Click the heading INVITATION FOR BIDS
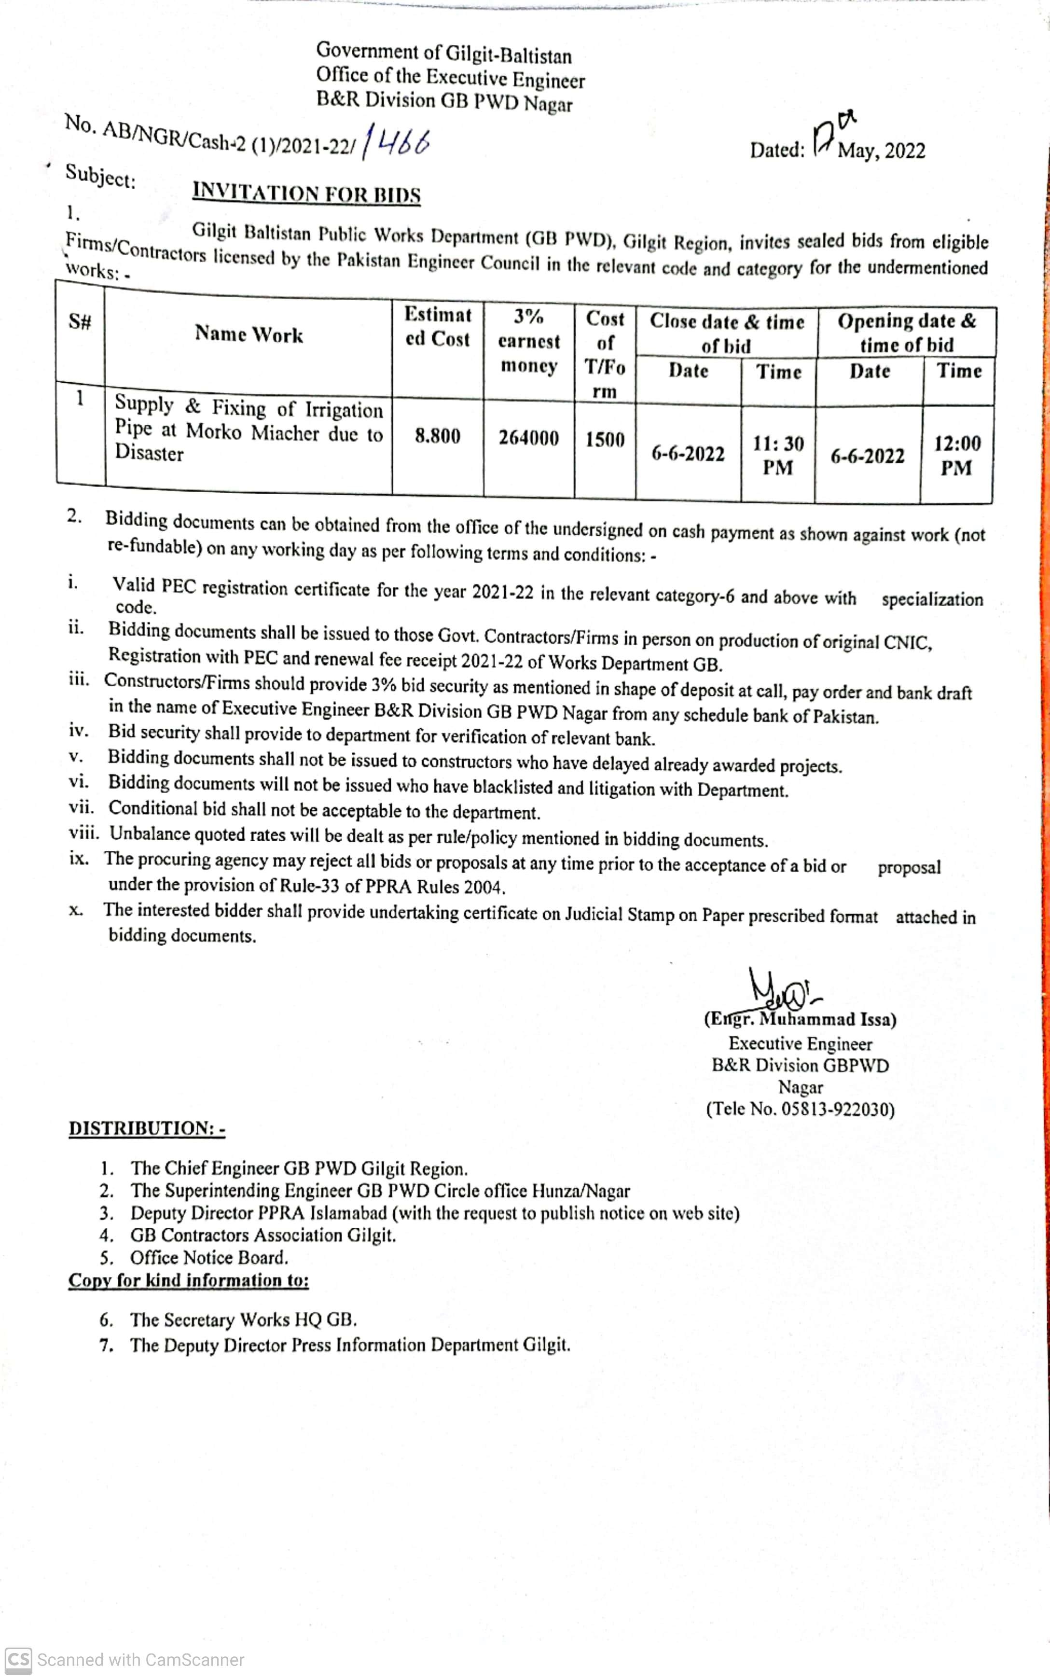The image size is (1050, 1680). click(x=306, y=193)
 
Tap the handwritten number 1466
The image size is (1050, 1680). click(x=397, y=143)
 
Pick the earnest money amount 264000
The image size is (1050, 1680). click(x=528, y=438)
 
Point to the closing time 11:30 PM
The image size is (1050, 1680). click(x=778, y=455)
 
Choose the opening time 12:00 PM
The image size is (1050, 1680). click(x=957, y=456)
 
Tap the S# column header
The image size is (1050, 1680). click(x=80, y=321)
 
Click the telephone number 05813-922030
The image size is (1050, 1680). click(x=837, y=1109)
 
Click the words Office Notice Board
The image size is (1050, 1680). click(x=209, y=1257)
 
